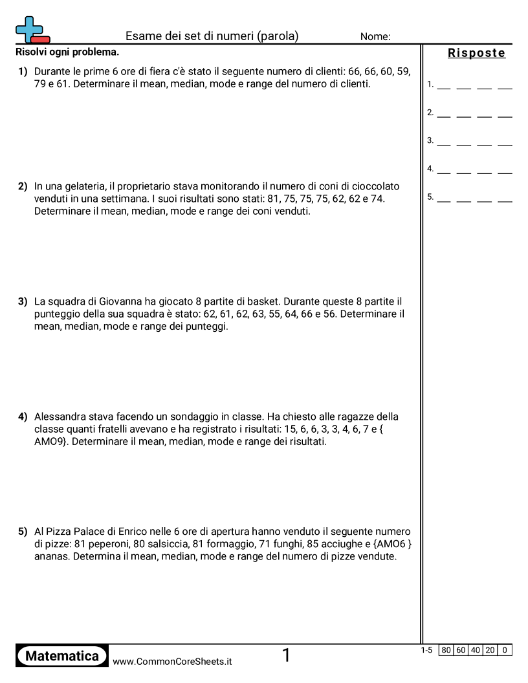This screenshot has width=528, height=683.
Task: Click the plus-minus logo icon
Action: point(32,30)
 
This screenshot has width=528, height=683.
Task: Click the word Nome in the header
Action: point(375,37)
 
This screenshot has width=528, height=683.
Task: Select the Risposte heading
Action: point(476,53)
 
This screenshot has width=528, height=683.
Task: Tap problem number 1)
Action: point(23,71)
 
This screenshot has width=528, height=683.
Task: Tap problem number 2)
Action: point(23,186)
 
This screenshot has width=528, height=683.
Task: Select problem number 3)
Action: point(23,301)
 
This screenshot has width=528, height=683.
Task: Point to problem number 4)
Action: point(23,417)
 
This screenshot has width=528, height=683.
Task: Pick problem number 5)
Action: point(23,532)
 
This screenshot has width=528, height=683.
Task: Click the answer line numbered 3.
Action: point(474,141)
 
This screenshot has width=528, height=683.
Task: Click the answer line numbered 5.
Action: point(474,198)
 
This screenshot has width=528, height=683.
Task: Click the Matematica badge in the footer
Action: point(62,656)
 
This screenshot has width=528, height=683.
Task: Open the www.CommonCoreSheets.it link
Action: point(172,662)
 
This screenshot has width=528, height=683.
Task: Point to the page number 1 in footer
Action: point(286,656)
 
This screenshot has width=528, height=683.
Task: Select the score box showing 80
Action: point(446,650)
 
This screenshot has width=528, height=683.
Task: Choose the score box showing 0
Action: point(505,650)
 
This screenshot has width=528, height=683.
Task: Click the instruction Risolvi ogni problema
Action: point(67,52)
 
